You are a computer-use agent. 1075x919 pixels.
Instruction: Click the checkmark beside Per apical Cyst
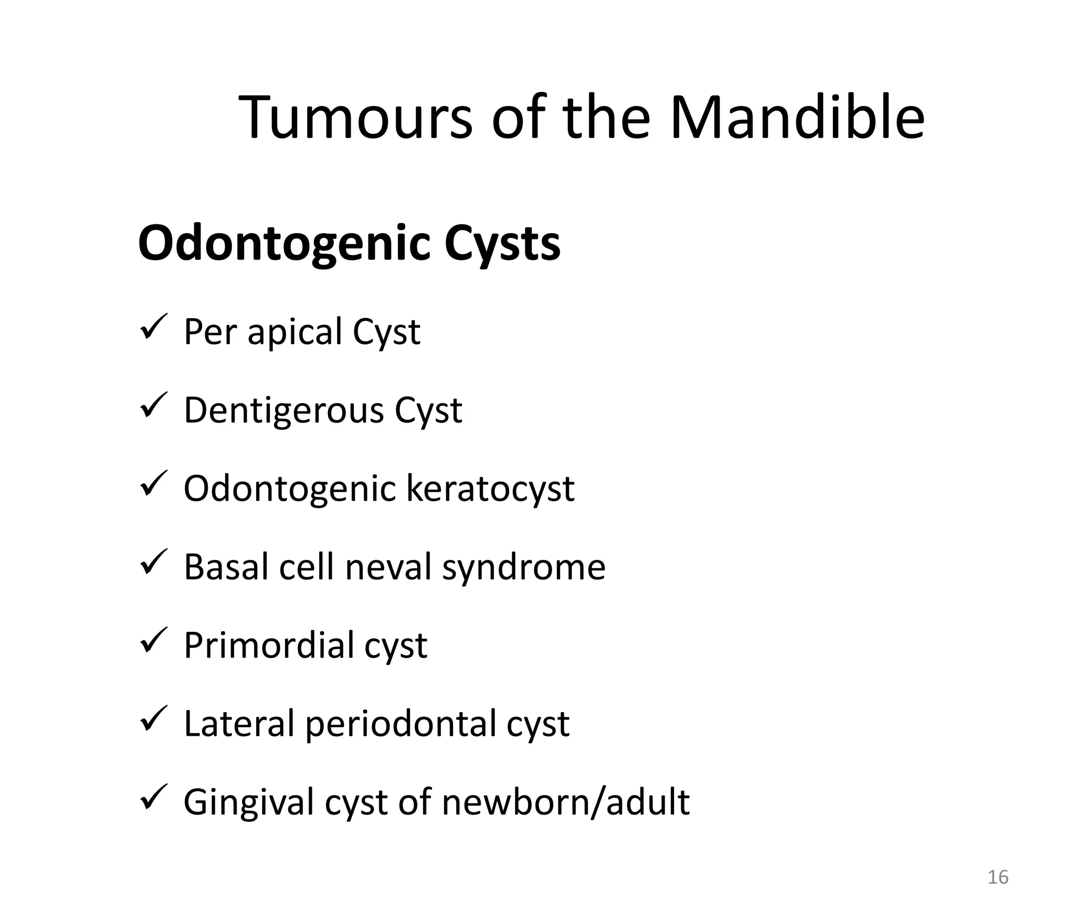(x=153, y=327)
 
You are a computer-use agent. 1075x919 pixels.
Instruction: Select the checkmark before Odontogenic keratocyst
(x=153, y=484)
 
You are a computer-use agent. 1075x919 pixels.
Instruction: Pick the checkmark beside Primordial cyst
(x=153, y=640)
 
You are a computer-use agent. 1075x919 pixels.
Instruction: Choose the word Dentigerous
(x=283, y=411)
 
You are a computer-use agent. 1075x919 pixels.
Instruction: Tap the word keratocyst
(x=490, y=489)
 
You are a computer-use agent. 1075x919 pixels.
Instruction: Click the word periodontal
(x=401, y=725)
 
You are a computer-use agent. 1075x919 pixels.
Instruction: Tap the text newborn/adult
(x=565, y=802)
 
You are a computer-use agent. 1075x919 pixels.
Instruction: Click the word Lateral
(x=239, y=724)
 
